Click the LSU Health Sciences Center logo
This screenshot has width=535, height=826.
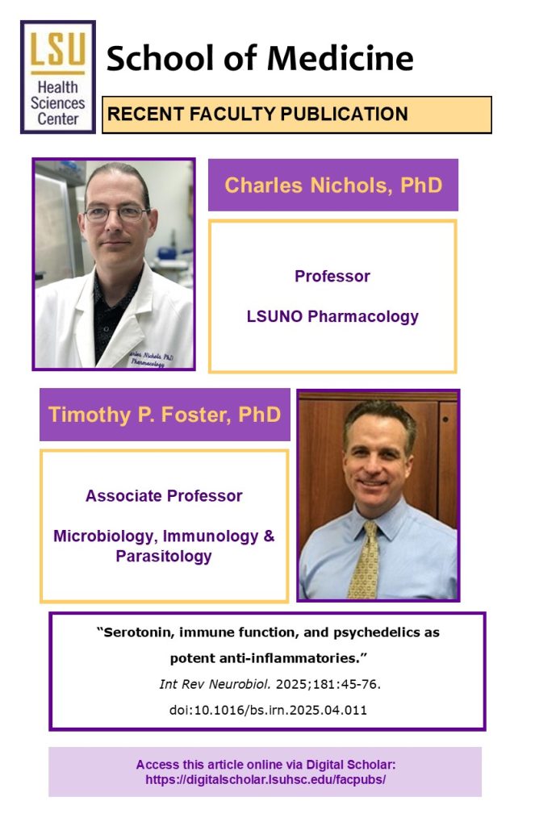click(58, 77)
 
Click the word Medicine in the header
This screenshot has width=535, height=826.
click(340, 58)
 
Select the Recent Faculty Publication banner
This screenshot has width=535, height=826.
click(297, 115)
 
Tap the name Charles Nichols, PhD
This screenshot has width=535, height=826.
click(333, 185)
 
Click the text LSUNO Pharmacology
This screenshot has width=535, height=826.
click(332, 316)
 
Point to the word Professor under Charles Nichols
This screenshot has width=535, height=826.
click(332, 276)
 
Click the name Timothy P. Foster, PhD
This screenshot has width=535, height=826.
click(165, 415)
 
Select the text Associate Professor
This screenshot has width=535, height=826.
click(164, 496)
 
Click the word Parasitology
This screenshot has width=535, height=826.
click(164, 557)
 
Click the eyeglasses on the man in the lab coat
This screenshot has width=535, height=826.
click(117, 213)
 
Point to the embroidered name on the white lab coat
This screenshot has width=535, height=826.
click(151, 359)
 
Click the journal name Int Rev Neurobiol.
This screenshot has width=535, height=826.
click(215, 684)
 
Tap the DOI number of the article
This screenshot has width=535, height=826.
click(268, 710)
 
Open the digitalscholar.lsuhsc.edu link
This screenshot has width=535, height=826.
click(265, 780)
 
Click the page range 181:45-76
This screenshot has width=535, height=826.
click(345, 684)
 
